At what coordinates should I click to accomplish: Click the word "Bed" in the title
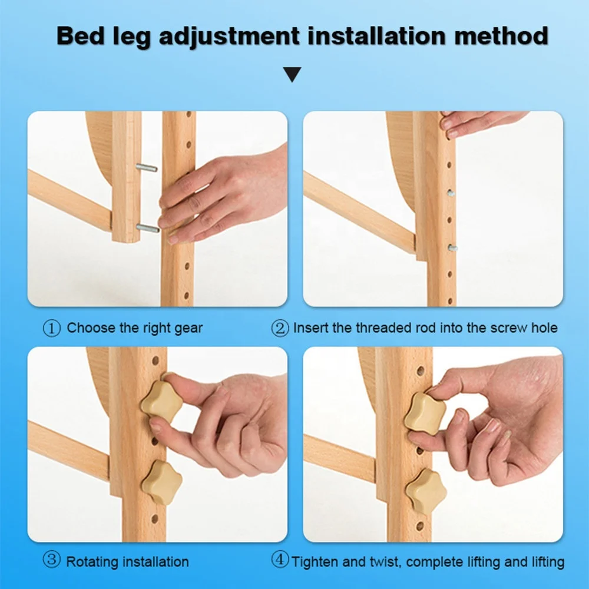coord(80,36)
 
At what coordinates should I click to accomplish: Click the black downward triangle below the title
coord(292,74)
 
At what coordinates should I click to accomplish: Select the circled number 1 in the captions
coord(51,328)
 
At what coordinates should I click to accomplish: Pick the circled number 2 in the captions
coord(280,328)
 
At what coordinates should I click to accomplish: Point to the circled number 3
coord(51,560)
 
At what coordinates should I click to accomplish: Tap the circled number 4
coord(280,560)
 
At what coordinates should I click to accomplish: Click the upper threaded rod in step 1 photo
coord(147,167)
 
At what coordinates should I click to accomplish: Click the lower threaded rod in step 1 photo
coord(148,227)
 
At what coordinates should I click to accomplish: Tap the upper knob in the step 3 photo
coord(161,402)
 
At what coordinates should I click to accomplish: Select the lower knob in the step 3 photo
coord(162,483)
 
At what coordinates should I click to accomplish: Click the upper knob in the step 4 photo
coord(425,414)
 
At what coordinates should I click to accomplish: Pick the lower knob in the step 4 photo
coord(426,491)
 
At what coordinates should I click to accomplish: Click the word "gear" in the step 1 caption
coord(188,329)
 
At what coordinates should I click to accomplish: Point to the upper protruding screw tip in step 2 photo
coord(451,193)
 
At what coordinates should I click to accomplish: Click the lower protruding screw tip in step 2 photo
coord(452,248)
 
